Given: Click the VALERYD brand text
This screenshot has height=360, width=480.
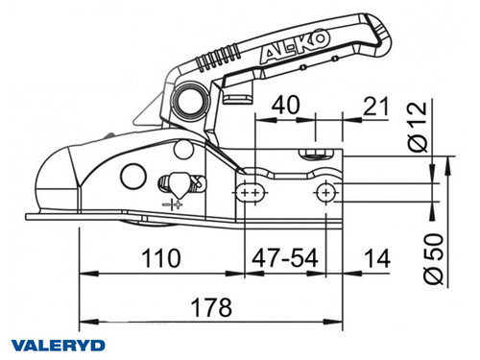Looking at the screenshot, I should click(x=57, y=344).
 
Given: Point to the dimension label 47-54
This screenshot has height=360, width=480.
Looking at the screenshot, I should click(x=285, y=259).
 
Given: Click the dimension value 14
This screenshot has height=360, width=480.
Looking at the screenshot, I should click(x=376, y=259).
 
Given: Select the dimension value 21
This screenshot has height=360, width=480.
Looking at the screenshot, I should click(x=377, y=105).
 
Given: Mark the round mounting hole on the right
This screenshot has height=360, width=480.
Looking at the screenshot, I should click(x=327, y=193).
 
